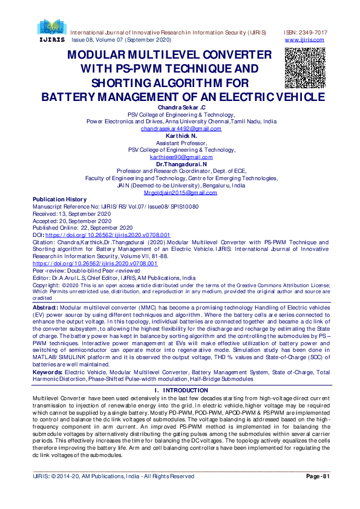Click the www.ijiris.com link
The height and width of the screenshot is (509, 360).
304,40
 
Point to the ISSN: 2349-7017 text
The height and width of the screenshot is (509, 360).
306,32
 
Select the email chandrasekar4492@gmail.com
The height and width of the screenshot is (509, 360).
182,129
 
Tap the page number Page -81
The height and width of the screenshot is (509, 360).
318,476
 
